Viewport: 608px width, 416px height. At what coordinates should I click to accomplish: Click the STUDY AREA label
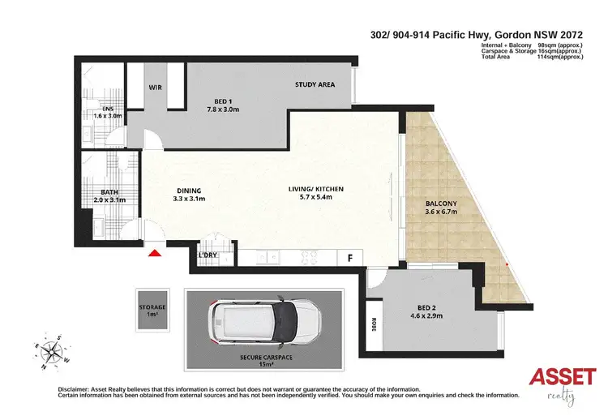click(x=315, y=84)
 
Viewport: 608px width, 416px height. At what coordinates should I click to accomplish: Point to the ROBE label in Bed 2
click(x=375, y=323)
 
